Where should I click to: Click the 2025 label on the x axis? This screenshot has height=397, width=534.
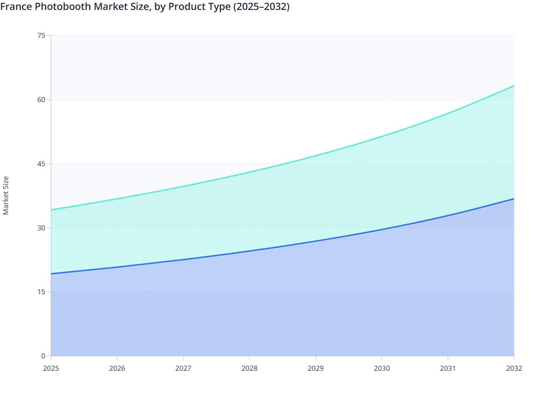point(51,368)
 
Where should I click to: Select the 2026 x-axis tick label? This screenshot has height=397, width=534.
point(117,368)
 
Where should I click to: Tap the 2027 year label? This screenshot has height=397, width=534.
point(183,368)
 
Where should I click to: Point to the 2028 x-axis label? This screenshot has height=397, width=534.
point(250,368)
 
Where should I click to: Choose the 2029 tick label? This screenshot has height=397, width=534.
point(316,368)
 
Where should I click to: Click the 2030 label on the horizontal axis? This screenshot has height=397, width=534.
point(382,368)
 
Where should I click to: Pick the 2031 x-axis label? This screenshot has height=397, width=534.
point(448,368)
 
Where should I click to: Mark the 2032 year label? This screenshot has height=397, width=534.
point(514,368)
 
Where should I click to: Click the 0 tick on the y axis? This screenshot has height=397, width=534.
point(43,356)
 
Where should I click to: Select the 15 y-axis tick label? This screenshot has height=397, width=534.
point(41,292)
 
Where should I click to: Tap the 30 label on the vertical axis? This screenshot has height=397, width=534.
point(41,228)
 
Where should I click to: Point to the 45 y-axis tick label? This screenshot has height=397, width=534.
point(41,163)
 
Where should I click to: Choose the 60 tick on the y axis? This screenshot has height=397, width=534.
point(41,99)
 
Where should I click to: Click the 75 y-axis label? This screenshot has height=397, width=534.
point(41,35)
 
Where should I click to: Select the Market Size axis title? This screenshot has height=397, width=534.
point(6,195)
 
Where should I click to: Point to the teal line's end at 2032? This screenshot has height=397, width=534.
point(514,86)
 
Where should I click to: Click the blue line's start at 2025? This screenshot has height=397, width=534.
point(51,274)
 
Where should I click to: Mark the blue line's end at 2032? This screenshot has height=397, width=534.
point(514,198)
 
